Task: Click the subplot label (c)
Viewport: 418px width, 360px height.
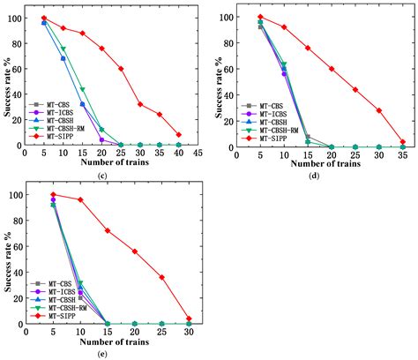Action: (x=104, y=176)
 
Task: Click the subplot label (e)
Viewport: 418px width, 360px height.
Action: (x=104, y=355)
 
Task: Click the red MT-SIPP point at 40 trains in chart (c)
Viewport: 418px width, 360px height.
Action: (x=179, y=135)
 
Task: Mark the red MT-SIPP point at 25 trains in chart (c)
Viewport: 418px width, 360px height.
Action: (x=121, y=69)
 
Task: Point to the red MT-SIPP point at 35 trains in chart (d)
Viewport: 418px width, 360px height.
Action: (x=403, y=142)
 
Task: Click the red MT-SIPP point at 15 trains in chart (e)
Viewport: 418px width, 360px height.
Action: (x=108, y=231)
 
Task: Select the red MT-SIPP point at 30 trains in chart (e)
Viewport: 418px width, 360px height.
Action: (x=189, y=319)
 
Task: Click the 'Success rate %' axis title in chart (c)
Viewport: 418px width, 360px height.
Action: (x=7, y=79)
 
